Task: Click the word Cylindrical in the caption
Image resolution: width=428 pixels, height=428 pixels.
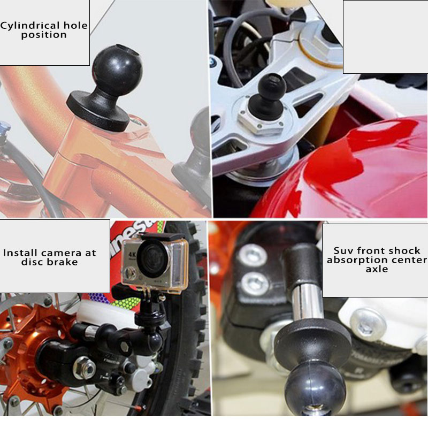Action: [x=30, y=26]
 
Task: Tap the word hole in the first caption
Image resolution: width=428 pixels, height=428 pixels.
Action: [x=75, y=25]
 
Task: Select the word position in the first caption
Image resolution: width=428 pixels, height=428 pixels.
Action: [x=44, y=35]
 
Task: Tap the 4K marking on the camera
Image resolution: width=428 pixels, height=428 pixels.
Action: [x=132, y=255]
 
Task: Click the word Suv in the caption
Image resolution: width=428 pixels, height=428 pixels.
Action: [x=343, y=250]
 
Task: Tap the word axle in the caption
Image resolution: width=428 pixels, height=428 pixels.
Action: [x=377, y=269]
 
